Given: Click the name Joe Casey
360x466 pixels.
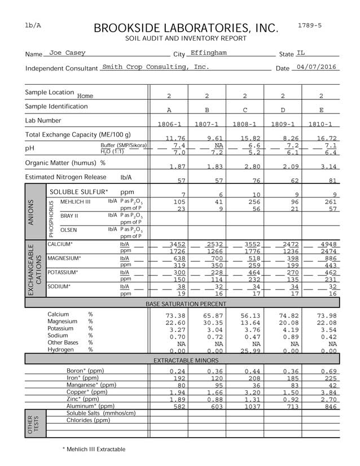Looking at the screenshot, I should [67, 53].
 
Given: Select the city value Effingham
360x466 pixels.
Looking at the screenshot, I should [208, 53].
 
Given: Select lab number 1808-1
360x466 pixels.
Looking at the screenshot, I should [245, 124].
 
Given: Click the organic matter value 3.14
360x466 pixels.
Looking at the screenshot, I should [321, 166].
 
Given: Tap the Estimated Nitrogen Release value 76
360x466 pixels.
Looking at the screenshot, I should [245, 181].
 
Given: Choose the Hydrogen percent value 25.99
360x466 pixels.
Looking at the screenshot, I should [245, 350].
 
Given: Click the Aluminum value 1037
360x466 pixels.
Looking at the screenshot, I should [245, 406].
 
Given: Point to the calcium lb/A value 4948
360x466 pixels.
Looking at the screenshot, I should [321, 244].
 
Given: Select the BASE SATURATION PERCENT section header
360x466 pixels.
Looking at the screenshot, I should [186, 304].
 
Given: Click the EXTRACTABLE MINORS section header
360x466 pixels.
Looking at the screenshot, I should [186, 359].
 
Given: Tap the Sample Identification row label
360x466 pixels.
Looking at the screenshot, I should [56, 106].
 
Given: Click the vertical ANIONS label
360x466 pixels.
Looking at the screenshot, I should [31, 212].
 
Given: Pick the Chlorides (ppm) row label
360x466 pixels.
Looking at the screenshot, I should [89, 420].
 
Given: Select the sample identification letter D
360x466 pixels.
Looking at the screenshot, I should [283, 110].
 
